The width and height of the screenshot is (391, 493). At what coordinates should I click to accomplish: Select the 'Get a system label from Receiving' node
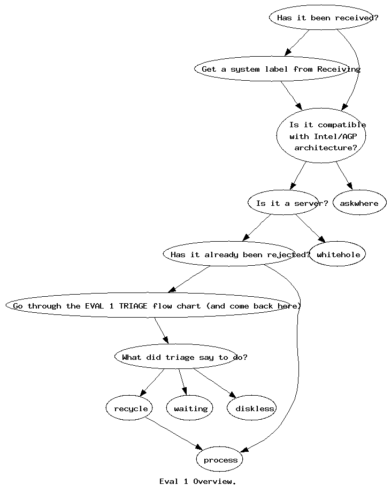(x=278, y=69)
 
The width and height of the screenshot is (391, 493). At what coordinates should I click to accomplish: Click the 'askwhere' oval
(x=359, y=203)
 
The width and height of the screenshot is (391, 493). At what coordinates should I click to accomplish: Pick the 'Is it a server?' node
(x=287, y=203)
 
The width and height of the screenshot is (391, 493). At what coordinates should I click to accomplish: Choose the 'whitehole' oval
(x=338, y=254)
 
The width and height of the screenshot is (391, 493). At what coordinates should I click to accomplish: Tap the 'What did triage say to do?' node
(x=181, y=357)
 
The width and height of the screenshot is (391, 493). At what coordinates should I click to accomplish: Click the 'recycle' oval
(x=129, y=408)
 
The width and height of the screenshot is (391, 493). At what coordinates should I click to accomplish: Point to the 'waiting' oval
(x=190, y=408)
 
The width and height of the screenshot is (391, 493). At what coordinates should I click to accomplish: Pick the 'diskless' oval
(x=251, y=408)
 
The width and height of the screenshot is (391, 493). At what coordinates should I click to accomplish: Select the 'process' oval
(x=219, y=459)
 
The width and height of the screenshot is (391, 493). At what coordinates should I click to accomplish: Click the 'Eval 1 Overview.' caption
(x=197, y=481)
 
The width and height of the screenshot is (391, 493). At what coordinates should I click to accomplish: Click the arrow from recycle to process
(x=174, y=433)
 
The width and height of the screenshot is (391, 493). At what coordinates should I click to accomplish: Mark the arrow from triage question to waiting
(x=183, y=382)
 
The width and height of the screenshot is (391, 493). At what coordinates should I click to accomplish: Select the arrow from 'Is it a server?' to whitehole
(x=310, y=228)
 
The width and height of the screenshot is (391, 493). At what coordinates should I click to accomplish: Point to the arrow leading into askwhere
(x=344, y=176)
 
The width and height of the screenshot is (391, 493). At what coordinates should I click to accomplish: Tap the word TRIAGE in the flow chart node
(x=133, y=306)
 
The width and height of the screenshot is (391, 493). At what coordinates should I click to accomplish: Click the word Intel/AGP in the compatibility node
(x=335, y=136)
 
